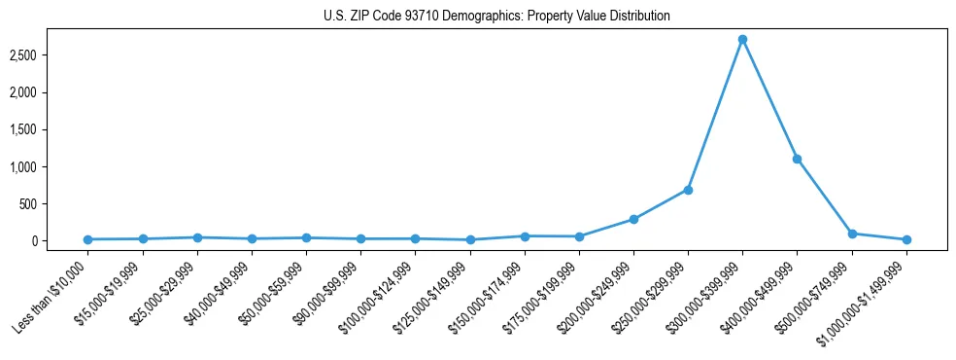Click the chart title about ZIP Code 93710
click(496, 17)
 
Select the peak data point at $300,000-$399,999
click(742, 40)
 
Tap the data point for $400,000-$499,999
click(797, 159)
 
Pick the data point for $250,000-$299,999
click(688, 190)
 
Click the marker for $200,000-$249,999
click(633, 219)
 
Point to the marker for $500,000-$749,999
click(852, 234)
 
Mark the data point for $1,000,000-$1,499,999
click(906, 239)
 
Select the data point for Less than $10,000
click(88, 239)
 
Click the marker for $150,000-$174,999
click(525, 236)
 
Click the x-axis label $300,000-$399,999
click(706, 297)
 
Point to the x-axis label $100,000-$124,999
click(380, 297)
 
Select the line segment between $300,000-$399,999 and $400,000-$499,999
click(769, 99)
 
